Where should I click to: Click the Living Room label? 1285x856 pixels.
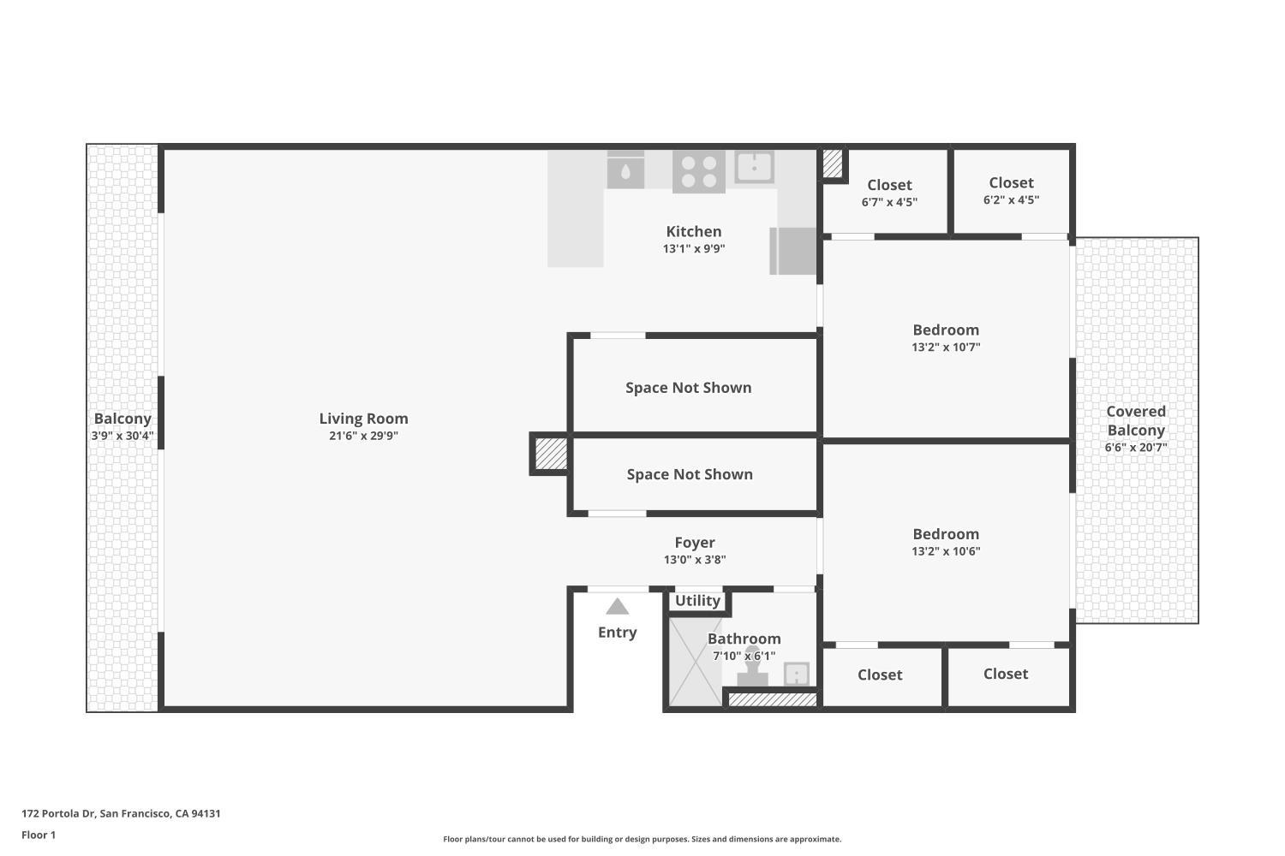point(363,419)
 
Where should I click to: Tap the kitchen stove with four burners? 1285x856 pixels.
point(698,171)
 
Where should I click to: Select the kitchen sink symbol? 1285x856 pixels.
point(754,167)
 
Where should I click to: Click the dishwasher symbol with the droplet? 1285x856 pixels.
point(625,171)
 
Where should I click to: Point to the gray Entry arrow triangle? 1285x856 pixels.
point(617,607)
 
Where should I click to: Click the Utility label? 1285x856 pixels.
point(697,601)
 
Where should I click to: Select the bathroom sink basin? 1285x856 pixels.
point(796,675)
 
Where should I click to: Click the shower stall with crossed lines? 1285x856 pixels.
point(694,662)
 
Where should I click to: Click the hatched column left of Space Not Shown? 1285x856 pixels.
point(551,454)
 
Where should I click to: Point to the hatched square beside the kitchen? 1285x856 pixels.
point(832,163)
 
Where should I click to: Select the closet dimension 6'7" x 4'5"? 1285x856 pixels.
point(889,203)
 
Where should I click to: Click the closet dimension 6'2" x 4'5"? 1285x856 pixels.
point(1011,200)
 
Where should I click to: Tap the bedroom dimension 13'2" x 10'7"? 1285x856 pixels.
point(946,348)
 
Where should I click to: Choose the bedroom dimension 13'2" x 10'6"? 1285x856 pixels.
point(946,551)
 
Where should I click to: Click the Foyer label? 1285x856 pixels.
point(694,543)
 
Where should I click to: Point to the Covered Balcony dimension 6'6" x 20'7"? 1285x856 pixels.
point(1136,448)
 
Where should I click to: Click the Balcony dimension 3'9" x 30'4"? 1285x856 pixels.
point(123,436)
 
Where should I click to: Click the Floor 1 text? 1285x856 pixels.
point(39,835)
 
